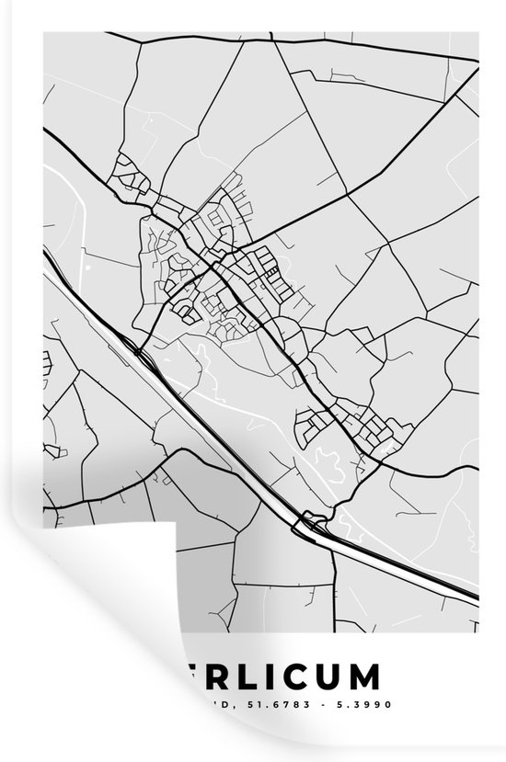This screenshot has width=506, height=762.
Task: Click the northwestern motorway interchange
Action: [136, 349]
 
